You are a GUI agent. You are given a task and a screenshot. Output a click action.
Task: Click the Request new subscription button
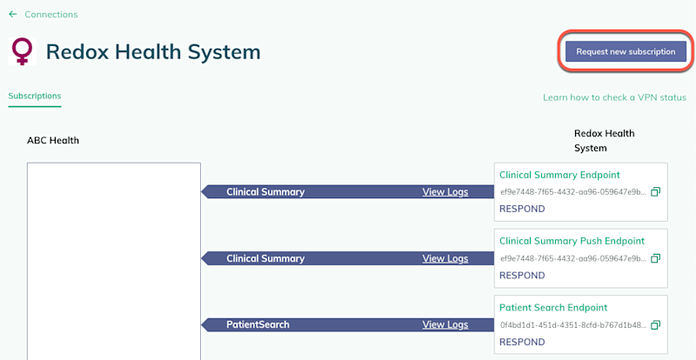click(626, 51)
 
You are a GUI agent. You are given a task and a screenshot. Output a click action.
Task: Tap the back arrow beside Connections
click(13, 14)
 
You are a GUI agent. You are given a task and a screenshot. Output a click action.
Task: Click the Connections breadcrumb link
click(51, 15)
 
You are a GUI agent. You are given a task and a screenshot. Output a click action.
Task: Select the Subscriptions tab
click(35, 96)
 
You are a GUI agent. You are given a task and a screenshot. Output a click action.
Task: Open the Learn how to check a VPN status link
click(615, 97)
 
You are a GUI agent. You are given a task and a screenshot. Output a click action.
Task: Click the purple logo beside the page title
click(22, 51)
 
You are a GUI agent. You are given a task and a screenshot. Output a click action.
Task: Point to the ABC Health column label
click(53, 141)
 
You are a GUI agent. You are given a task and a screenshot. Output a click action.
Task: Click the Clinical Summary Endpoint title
click(559, 175)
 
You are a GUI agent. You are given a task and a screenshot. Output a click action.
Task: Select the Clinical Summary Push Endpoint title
click(572, 241)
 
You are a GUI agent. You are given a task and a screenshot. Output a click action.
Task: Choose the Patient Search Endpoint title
click(553, 308)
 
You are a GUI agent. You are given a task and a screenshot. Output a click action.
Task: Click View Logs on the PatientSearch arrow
click(445, 325)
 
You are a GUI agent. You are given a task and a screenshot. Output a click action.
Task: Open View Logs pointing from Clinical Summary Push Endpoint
click(445, 259)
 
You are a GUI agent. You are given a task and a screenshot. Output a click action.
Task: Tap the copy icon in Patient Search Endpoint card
click(656, 325)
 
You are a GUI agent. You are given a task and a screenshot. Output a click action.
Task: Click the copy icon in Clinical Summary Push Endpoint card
click(656, 258)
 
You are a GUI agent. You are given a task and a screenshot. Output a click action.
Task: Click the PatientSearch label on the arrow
click(258, 325)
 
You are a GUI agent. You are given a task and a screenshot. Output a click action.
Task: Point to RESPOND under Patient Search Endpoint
click(522, 343)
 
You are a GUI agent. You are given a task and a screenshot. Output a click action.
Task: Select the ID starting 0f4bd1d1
click(573, 325)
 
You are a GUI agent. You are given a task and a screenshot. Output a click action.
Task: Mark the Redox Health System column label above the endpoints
click(604, 141)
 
